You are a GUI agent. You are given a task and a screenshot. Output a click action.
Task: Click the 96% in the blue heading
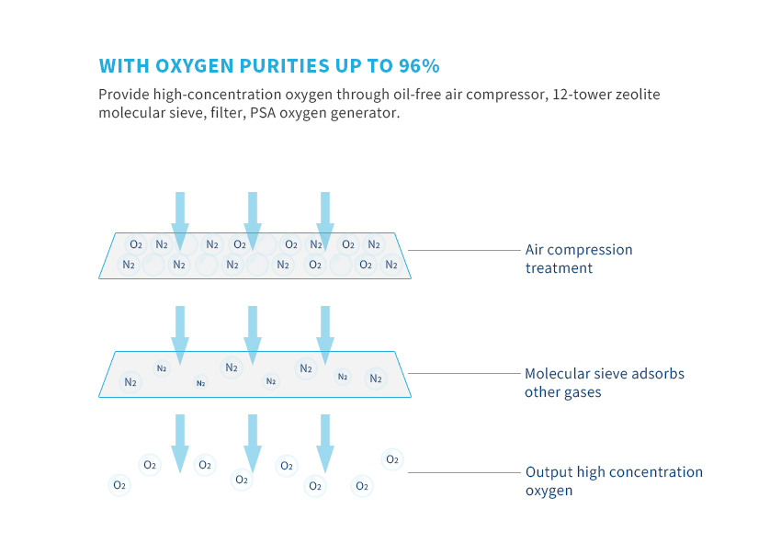[419, 66]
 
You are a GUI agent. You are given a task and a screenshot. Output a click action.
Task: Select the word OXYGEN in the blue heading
[194, 66]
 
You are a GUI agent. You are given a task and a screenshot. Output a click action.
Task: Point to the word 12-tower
[583, 94]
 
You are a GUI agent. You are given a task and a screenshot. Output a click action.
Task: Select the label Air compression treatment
[579, 258]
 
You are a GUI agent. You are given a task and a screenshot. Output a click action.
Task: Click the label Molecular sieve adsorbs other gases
[605, 382]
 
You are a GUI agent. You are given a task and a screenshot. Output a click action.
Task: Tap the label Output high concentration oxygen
[614, 481]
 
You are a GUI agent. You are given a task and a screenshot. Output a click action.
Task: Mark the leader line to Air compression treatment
[464, 250]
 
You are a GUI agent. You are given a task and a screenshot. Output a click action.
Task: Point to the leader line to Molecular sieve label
[464, 373]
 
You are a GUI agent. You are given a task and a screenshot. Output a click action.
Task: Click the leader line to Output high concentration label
[464, 472]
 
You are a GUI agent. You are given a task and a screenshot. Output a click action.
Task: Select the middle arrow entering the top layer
[253, 221]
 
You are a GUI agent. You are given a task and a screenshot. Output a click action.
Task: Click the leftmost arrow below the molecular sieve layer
[180, 444]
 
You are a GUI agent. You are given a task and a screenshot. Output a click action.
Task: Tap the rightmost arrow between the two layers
[325, 335]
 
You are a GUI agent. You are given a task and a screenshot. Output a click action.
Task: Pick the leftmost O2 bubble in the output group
[119, 485]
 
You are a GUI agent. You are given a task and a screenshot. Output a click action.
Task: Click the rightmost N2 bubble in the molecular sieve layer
[376, 379]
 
